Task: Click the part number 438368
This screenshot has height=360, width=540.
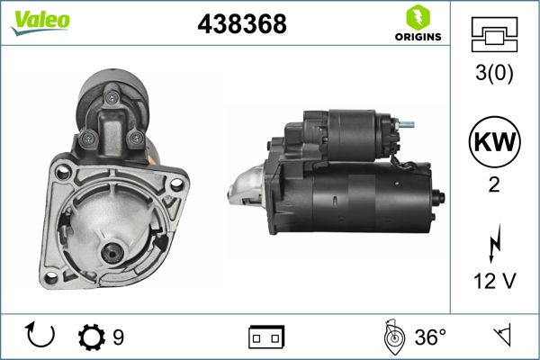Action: pyautogui.click(x=241, y=25)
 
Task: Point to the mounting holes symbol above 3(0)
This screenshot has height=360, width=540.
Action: pyautogui.click(x=495, y=36)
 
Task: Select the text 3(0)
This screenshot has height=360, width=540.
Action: pyautogui.click(x=495, y=76)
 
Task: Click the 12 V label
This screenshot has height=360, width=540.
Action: pyautogui.click(x=495, y=283)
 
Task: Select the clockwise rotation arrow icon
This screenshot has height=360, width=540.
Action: pyautogui.click(x=41, y=337)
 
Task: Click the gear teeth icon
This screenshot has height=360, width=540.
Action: pyautogui.click(x=92, y=337)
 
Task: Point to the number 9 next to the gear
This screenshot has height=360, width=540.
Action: pyautogui.click(x=118, y=337)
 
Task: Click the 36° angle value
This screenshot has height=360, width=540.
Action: pyautogui.click(x=430, y=337)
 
